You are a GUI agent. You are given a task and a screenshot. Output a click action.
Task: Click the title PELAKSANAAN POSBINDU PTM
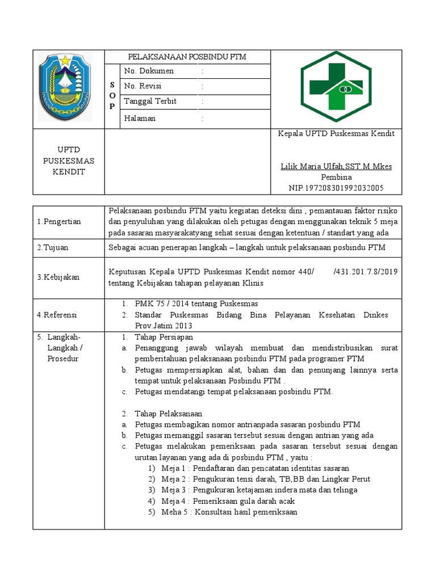tap(187, 57)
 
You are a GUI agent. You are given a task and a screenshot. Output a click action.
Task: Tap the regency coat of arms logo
tap(65, 86)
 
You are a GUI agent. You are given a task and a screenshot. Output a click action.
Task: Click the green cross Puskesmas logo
tap(336, 87)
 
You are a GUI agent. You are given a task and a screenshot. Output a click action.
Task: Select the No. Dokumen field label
tap(149, 71)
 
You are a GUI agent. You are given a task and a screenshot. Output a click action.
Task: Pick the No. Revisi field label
tap(142, 86)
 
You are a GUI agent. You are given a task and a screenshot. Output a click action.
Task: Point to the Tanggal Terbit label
tap(150, 102)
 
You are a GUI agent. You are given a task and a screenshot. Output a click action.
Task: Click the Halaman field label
tap(140, 119)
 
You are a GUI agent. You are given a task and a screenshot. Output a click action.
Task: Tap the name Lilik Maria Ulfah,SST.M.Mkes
tap(336, 166)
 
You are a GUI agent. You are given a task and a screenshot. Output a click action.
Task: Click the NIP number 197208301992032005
tap(336, 188)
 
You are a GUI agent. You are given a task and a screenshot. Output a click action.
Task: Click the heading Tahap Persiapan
tap(165, 338)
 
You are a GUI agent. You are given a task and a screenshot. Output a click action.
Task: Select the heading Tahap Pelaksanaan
tap(169, 414)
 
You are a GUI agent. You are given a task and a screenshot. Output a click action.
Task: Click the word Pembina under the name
tap(336, 177)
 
